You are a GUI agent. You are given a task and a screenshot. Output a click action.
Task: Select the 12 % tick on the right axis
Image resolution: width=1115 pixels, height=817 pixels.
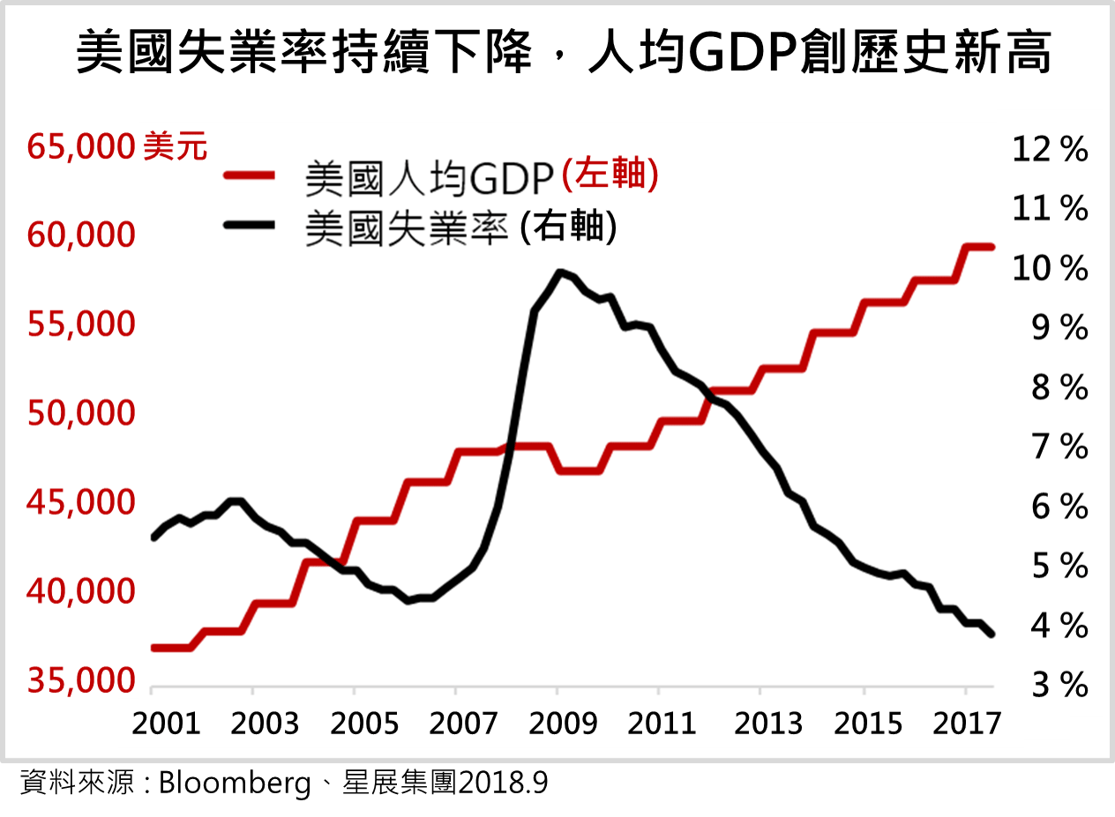click(1050, 150)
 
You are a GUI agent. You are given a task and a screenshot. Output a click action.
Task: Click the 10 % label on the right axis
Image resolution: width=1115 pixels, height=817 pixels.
click(1050, 269)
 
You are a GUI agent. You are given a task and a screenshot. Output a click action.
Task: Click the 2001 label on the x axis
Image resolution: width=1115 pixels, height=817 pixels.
click(165, 724)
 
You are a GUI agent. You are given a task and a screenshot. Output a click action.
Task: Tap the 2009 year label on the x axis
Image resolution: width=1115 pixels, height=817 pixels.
click(558, 724)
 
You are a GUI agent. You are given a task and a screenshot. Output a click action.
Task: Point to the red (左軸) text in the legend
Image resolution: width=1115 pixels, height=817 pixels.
click(610, 174)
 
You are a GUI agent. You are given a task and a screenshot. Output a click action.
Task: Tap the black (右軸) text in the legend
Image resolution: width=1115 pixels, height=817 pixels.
click(568, 227)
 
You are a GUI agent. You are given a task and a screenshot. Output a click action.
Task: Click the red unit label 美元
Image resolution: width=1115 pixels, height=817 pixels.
click(176, 147)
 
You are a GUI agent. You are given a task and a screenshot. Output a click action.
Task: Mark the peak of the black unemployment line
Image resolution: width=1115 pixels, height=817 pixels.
click(558, 271)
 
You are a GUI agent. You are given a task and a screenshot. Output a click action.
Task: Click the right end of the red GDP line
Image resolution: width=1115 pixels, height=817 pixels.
click(992, 247)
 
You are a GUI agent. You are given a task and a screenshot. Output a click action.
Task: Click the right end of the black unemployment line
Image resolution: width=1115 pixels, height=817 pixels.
click(992, 634)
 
